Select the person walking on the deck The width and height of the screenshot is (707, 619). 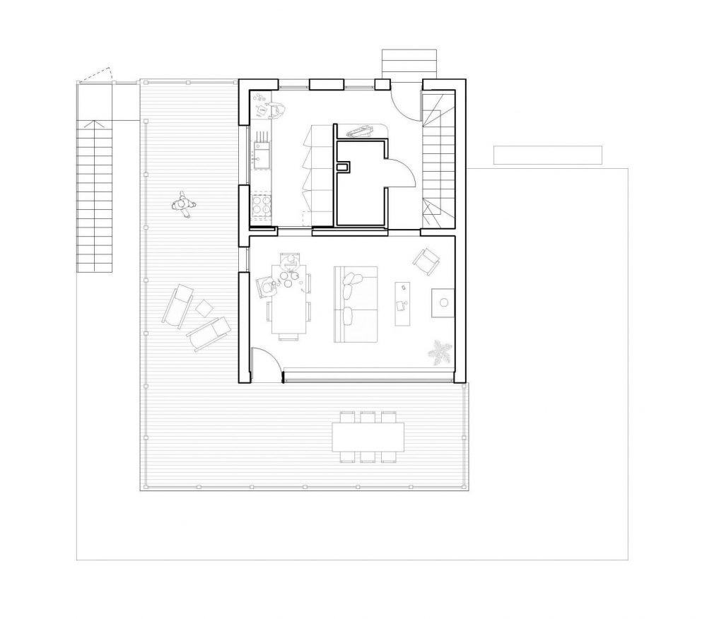[x=183, y=204]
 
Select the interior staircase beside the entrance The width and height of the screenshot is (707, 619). [x=436, y=159]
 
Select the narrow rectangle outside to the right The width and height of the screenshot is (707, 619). [x=547, y=155]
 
